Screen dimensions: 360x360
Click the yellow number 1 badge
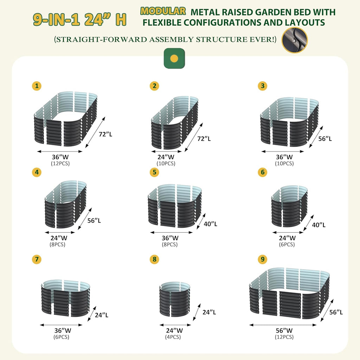(37, 86)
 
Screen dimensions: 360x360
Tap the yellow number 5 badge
(154, 172)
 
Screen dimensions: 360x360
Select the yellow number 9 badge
(262, 259)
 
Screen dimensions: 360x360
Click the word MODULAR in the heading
(163, 11)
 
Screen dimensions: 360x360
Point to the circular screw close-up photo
(295, 40)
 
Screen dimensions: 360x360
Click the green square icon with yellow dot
(174, 58)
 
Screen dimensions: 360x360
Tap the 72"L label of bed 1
(105, 134)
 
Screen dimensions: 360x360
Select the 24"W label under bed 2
(166, 157)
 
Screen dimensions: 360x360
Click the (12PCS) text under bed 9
(284, 337)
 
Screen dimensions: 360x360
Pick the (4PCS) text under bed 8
(173, 337)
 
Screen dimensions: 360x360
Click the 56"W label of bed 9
(284, 330)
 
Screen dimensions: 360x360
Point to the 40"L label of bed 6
(319, 225)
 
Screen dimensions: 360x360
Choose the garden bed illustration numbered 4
(66, 204)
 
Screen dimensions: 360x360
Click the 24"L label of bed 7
(102, 315)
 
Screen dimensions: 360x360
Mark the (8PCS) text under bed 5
(170, 244)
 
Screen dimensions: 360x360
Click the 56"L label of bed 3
(325, 139)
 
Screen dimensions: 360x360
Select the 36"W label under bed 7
(63, 330)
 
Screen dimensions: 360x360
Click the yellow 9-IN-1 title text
(56, 19)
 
